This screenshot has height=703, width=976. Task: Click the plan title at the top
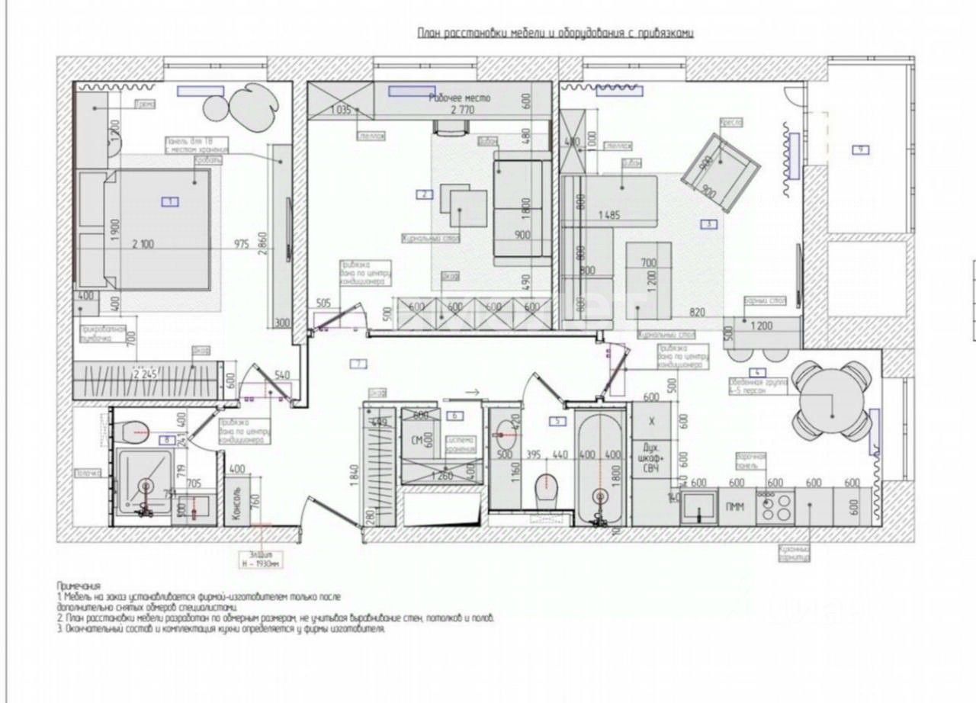[x=555, y=33]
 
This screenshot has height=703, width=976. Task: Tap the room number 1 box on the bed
[x=169, y=201]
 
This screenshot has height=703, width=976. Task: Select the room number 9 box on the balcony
[x=860, y=150]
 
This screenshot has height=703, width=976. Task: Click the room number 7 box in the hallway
[x=358, y=363]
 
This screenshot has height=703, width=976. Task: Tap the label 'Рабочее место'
[x=460, y=98]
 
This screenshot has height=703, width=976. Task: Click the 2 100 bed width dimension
[x=142, y=244]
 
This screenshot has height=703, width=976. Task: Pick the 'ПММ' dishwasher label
[x=737, y=506]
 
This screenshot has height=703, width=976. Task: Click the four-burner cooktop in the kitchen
[x=775, y=506]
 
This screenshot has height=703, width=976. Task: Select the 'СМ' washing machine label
[x=416, y=441]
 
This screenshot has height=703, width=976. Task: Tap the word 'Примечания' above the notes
[x=79, y=585]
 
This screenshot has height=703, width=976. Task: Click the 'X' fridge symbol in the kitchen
[x=651, y=422]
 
